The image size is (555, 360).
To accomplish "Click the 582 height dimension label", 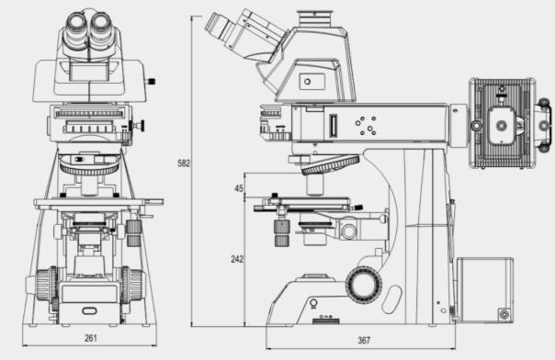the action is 184,163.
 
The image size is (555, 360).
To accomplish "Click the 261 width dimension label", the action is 91,338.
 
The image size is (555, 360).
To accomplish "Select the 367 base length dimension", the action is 364,340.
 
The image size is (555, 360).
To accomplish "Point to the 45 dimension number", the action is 239,188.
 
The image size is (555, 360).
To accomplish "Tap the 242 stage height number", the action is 237,259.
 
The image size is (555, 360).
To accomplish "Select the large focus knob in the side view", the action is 364,286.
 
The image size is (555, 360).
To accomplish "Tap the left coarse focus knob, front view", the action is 45,285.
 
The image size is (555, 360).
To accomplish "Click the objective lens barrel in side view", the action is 314,186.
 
